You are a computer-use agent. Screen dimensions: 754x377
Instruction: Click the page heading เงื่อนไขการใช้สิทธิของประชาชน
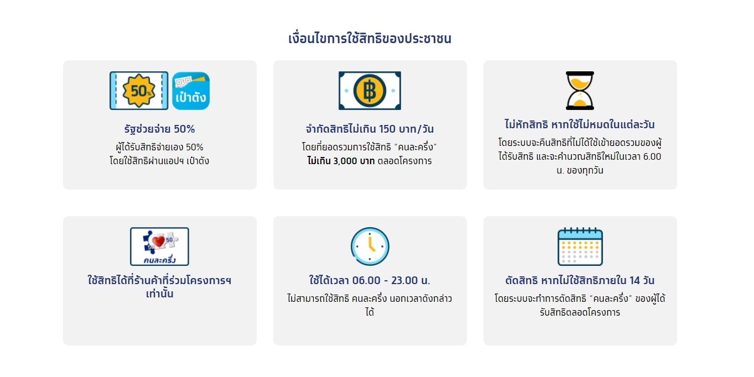370,38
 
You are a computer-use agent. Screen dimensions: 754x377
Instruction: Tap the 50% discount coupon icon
139,91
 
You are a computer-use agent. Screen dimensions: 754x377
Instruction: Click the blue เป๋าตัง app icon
191,91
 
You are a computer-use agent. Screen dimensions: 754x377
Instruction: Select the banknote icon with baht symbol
370,91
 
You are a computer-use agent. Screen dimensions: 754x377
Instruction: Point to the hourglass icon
580,91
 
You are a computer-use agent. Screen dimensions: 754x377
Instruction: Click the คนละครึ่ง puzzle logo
159,247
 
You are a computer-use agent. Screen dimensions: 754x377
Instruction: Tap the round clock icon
370,247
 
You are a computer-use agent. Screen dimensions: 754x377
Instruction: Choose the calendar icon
580,247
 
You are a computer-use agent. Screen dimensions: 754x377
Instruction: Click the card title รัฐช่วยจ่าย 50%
159,129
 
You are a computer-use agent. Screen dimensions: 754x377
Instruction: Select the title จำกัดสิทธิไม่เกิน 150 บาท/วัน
370,129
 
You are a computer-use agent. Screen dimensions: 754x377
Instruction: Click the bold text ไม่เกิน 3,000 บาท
341,161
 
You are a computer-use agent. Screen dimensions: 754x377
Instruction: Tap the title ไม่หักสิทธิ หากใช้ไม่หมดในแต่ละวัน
580,124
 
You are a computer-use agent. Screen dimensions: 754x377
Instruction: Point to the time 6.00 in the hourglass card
652,157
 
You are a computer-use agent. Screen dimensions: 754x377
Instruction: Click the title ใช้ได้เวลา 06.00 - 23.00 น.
370,280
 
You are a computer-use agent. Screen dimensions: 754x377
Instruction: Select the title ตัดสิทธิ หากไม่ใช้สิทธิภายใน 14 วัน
580,280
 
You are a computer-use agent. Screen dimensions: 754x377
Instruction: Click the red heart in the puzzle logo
158,242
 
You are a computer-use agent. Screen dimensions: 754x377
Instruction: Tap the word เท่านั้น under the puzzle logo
159,294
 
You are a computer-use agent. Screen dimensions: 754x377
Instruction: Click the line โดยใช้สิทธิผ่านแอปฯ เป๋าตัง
159,161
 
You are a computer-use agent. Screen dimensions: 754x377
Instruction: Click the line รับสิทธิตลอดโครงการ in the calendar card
580,312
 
